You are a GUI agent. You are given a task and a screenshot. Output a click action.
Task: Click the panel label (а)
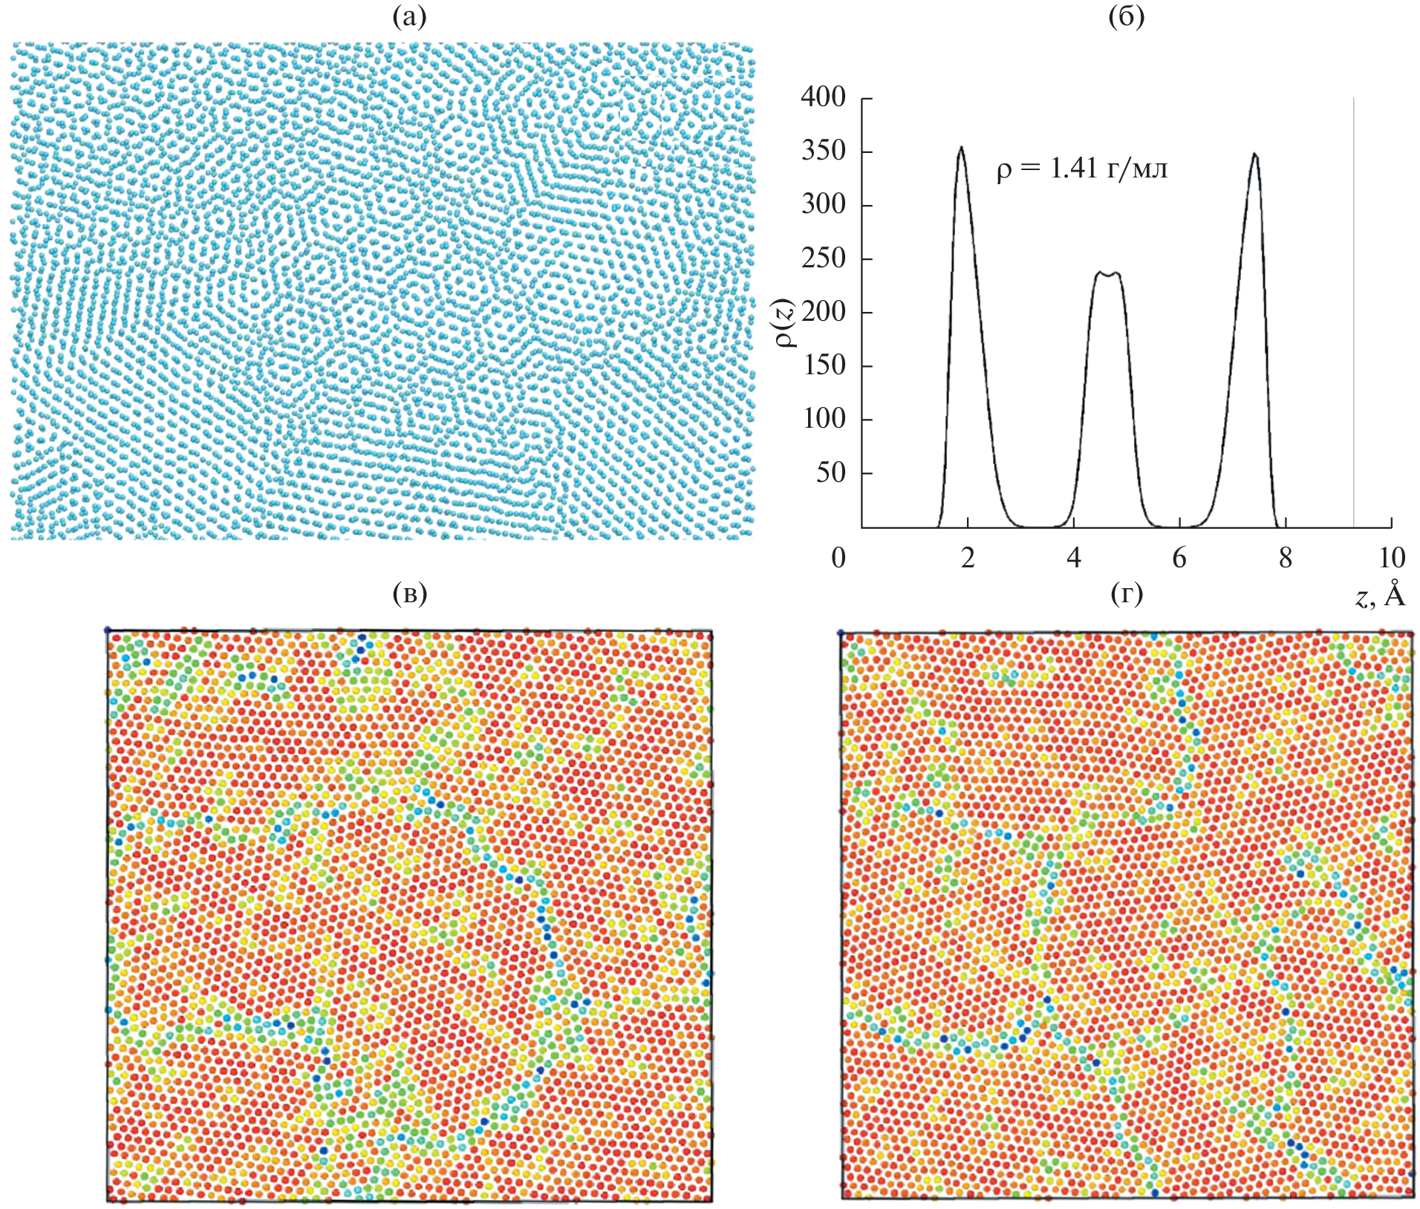[x=409, y=17]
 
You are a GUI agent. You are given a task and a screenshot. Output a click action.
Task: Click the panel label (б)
[x=1126, y=17]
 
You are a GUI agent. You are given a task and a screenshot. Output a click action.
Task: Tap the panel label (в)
[x=409, y=593]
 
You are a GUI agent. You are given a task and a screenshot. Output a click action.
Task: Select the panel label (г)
[x=1126, y=593]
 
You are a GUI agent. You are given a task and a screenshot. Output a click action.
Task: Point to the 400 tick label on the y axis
[x=823, y=97]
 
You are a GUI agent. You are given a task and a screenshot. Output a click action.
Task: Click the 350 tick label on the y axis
[x=823, y=151]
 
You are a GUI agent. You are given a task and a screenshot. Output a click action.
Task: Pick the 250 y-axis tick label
[x=823, y=258]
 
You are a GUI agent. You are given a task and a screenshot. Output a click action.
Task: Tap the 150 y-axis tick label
[x=823, y=365]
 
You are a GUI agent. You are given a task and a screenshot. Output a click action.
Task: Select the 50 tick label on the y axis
[x=830, y=472]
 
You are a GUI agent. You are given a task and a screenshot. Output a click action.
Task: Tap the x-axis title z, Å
[x=1380, y=596]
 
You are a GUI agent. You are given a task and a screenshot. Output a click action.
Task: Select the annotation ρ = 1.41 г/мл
[x=1081, y=170]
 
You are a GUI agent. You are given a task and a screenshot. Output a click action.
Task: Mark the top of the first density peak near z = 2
[x=961, y=148]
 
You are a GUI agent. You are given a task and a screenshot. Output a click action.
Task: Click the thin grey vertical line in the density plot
[x=1353, y=312]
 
